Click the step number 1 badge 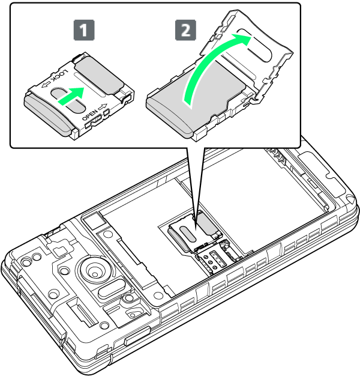84,30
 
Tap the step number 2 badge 185,30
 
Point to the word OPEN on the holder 89,115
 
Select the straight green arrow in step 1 71,96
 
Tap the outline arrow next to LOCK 46,85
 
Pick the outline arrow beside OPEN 103,107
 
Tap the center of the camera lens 95,274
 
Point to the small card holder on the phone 194,233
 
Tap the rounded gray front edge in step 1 48,113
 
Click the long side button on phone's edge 137,336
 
